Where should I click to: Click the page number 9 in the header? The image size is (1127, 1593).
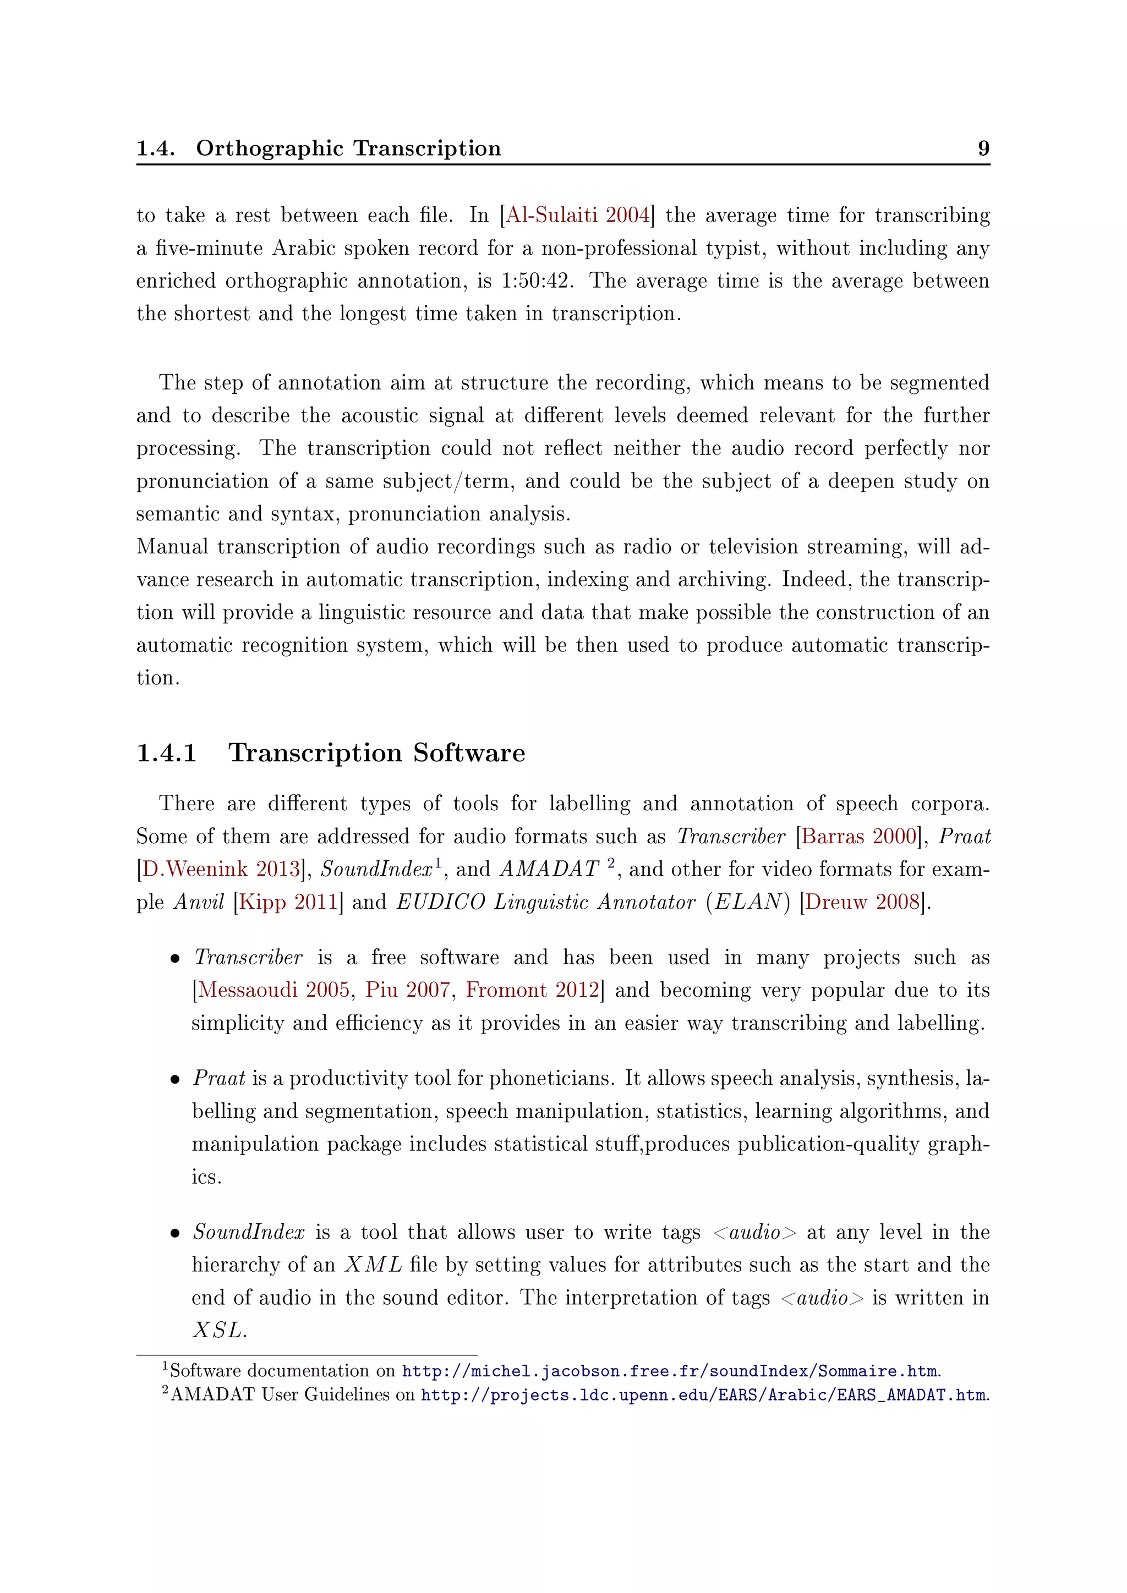coord(983,148)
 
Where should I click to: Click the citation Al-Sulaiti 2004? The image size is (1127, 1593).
coord(577,215)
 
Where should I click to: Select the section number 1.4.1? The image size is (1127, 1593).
coord(167,753)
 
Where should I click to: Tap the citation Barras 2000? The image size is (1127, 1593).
coord(859,836)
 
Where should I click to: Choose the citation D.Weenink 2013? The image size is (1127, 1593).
coord(221,869)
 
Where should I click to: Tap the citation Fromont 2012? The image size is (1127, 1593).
coord(532,990)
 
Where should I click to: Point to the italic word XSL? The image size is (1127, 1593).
coord(218,1330)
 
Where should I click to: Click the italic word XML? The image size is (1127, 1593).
coord(373,1265)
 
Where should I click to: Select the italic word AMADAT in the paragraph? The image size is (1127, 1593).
coord(549,869)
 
